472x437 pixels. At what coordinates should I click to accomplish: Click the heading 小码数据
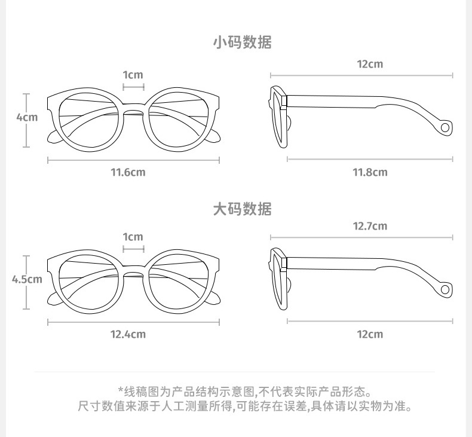[x=242, y=42]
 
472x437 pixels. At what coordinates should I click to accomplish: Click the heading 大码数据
[x=242, y=209]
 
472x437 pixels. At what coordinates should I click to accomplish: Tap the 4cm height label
[x=26, y=117]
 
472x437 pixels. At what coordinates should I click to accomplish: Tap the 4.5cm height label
[x=27, y=279]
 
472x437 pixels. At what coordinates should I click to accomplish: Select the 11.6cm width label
[x=128, y=173]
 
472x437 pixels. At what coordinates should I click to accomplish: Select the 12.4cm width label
[x=128, y=334]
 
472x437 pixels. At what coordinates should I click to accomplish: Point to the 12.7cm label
[x=370, y=226]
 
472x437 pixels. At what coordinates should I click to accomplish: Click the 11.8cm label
[x=370, y=173]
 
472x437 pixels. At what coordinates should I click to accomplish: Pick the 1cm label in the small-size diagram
[x=133, y=75]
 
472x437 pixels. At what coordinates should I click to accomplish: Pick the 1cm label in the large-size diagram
[x=133, y=237]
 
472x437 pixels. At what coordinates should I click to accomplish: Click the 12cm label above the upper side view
[x=370, y=64]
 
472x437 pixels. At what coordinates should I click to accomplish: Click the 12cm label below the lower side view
[x=370, y=334]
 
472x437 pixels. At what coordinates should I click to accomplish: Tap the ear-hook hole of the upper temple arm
[x=445, y=127]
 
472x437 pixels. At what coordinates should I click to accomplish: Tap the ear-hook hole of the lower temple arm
[x=445, y=290]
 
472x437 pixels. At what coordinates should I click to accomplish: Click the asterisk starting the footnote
[x=121, y=391]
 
